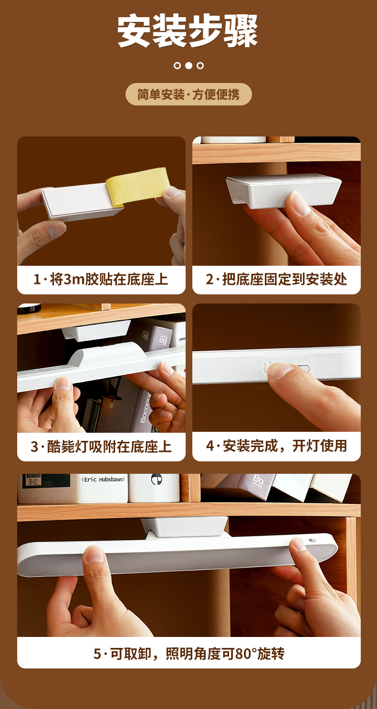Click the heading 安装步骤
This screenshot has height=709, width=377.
tap(188, 31)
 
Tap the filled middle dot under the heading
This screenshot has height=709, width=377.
tap(188, 65)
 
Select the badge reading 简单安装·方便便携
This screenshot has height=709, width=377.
tap(188, 94)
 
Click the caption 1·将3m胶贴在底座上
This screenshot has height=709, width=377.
tap(101, 279)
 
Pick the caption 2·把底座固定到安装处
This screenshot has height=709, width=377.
tap(276, 279)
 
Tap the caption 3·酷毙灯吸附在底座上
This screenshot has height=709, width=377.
tap(101, 447)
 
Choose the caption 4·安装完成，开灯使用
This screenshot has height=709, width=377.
tap(276, 446)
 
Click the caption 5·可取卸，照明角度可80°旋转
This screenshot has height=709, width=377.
tap(188, 653)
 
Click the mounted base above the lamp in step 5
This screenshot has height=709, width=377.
tap(185, 526)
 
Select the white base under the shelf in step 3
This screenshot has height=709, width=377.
tap(96, 330)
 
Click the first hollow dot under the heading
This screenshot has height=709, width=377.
tap(177, 65)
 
